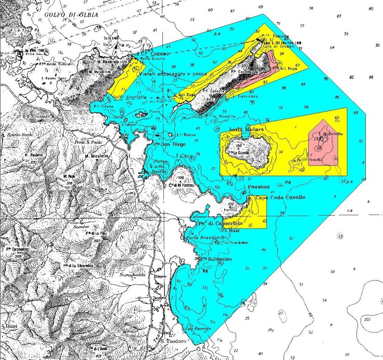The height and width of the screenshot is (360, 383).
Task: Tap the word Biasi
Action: pyautogui.click(x=12, y=326)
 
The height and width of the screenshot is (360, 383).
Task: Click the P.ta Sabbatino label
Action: pyautogui.click(x=211, y=259)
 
